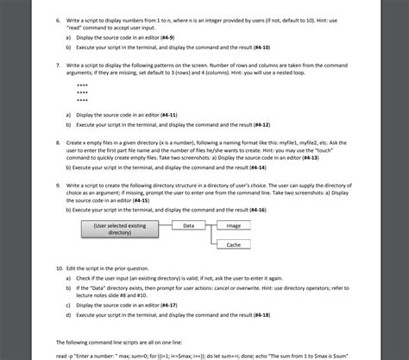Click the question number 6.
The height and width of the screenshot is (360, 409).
[59, 18]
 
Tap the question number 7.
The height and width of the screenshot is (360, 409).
[59, 66]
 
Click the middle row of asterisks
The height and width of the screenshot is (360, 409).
[82, 93]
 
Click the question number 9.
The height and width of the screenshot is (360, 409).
[59, 186]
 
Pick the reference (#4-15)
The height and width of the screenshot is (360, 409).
[138, 200]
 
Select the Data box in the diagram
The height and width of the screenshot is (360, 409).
[189, 224]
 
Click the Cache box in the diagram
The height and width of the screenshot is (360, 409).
[233, 245]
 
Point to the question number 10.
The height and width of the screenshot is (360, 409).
[60, 269]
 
